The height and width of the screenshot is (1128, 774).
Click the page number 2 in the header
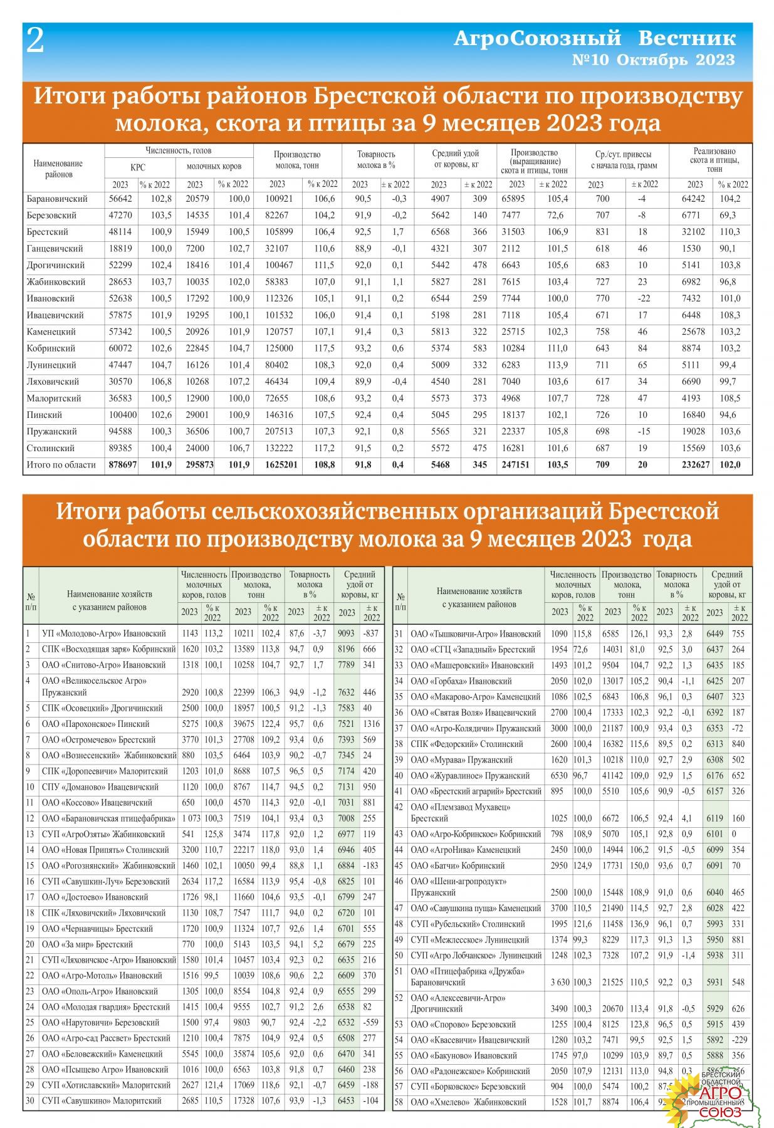35,41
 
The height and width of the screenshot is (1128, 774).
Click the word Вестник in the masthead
687,38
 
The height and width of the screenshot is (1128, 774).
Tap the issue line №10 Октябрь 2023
653,60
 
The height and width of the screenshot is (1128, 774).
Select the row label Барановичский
57,199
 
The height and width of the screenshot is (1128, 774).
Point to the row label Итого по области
61,465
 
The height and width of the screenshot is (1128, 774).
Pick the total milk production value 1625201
277,465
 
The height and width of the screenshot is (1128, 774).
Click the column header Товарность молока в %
376,160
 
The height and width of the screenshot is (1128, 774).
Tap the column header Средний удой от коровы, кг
455,159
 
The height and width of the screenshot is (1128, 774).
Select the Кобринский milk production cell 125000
277,348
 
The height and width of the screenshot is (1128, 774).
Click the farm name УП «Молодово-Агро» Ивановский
103,634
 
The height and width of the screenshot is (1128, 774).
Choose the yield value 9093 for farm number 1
347,634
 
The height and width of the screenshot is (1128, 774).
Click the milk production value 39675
244,724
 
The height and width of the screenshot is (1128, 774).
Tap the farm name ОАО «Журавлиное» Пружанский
470,776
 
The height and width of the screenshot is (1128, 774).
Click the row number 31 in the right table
399,634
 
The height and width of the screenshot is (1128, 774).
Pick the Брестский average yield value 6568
439,232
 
